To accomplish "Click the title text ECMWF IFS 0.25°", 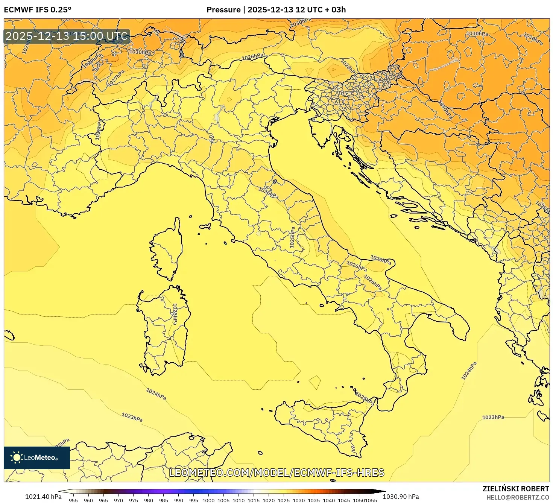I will [37, 10].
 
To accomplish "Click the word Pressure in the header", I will [223, 10].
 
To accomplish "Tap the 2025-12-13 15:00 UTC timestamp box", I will [67, 36].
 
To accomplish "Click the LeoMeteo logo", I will [37, 457].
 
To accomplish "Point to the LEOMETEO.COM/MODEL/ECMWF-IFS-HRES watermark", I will [276, 473].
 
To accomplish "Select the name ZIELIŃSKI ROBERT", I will [515, 489].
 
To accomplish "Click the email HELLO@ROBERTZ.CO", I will [517, 497].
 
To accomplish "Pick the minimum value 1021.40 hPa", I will [43, 497].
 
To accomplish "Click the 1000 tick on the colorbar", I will [208, 500].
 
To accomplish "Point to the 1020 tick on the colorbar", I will [269, 500].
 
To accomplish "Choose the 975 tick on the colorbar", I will [134, 500].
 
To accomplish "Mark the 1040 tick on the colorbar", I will [328, 500].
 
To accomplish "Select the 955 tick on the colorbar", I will [73, 500].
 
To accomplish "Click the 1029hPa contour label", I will [93, 61].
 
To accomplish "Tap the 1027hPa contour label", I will [116, 78].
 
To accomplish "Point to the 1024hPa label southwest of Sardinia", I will [156, 394].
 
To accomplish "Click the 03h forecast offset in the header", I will [338, 10].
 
